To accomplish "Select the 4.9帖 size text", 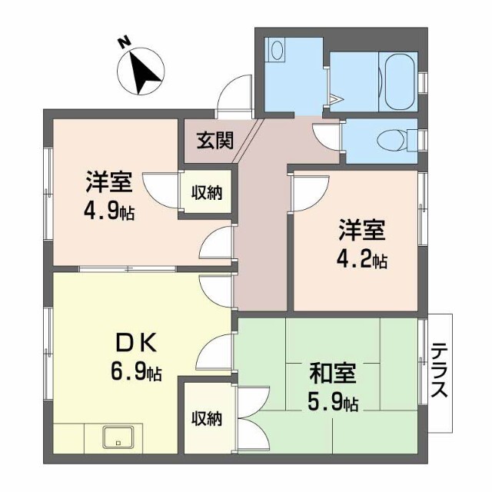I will coord(110,210).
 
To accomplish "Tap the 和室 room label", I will coord(332,374).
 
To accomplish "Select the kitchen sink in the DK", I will coord(118,437).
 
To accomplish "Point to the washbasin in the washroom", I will coord(275,52).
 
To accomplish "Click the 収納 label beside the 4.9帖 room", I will coord(206,192).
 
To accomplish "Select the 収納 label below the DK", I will coord(206,419).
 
